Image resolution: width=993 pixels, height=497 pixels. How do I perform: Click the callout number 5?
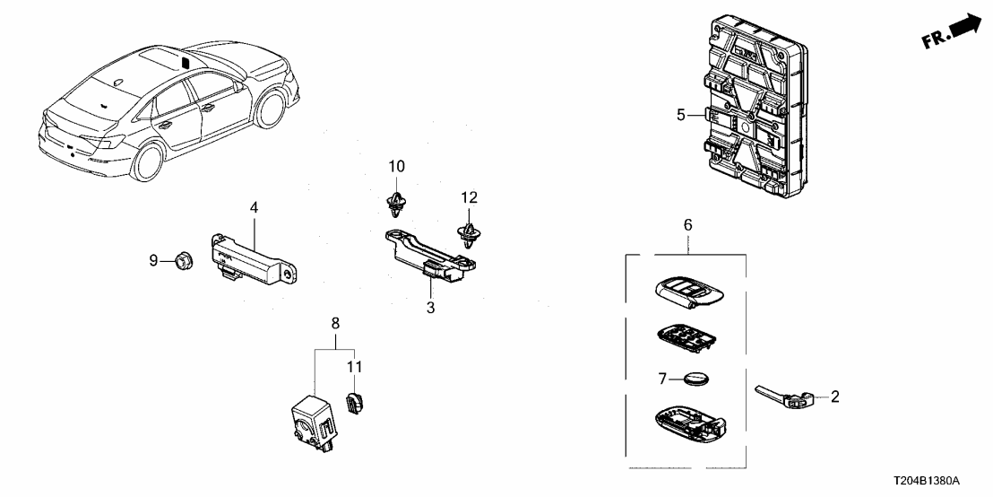680,115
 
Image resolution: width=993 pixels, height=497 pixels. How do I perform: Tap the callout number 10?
396,166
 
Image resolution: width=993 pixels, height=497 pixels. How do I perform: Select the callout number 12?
470,197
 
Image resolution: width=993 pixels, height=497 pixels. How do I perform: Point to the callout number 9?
153,260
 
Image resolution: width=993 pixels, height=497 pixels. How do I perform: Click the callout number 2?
834,395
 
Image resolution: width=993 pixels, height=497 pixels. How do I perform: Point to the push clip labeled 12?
468,235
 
